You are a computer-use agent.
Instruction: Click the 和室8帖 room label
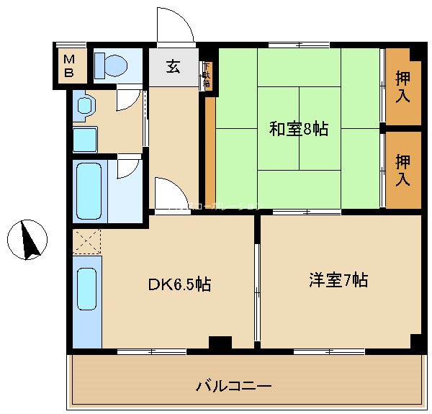299,130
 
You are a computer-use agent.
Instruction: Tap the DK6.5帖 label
179,285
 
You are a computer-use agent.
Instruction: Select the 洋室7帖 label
338,280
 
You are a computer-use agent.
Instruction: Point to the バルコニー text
234,387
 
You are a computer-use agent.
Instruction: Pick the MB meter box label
71,66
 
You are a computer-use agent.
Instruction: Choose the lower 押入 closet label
404,170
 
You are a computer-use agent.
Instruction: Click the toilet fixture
111,66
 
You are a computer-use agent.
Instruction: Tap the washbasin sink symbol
84,106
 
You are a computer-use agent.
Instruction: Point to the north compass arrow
29,240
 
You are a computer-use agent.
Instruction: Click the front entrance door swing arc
176,27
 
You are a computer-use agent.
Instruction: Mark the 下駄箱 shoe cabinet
207,76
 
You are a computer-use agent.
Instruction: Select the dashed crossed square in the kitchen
86,240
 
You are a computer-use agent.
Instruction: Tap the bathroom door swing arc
128,168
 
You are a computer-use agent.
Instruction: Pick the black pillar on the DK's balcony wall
220,343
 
